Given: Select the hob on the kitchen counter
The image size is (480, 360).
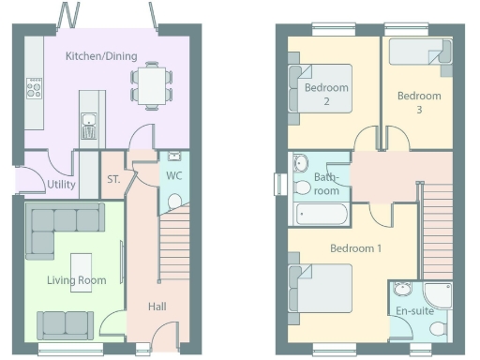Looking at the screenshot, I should (x=35, y=89).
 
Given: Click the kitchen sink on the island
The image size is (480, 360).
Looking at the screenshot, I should (x=87, y=120).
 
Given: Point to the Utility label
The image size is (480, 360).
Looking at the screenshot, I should (x=61, y=185).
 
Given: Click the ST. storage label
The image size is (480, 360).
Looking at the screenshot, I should (x=113, y=178).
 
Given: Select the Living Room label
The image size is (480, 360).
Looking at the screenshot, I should (x=77, y=280).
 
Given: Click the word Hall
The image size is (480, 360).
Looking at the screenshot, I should (x=158, y=307).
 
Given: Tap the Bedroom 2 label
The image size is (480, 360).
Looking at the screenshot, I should (x=326, y=94).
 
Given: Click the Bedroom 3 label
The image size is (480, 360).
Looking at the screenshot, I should (x=418, y=101).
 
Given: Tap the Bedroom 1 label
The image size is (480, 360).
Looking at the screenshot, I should (x=355, y=248).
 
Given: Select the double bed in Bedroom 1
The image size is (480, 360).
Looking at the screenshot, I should (x=322, y=288).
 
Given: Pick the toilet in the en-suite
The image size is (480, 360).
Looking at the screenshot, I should (x=437, y=329).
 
